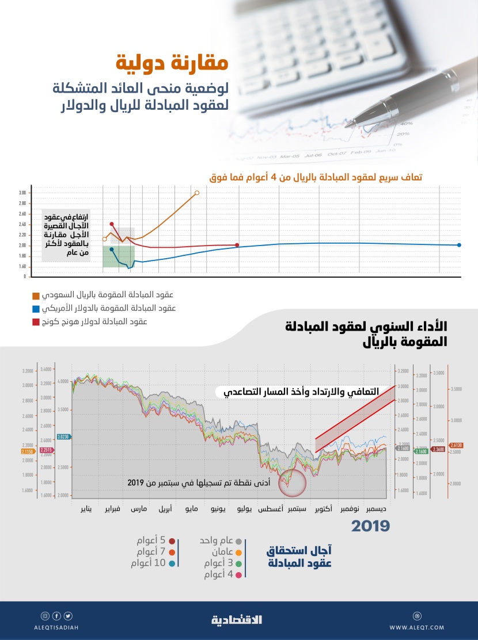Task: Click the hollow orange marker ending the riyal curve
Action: coord(197,193)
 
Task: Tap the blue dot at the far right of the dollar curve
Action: coord(459,245)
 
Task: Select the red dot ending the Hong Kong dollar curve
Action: coord(237,245)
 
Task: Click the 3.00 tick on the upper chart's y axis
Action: coord(22,193)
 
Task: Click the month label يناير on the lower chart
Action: coord(86,509)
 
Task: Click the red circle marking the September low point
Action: coord(292,482)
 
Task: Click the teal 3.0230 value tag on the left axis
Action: coord(63,437)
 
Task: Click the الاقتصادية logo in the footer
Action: coord(237,620)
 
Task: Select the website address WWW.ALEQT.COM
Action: coord(416,627)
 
